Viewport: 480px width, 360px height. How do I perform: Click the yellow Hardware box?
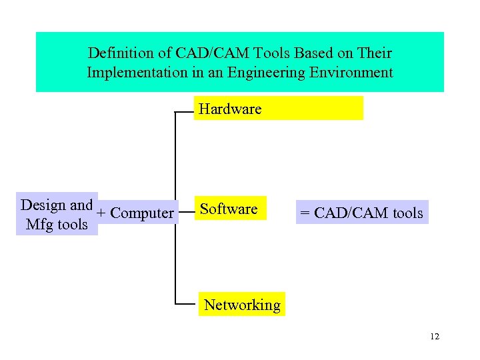[x=278, y=108]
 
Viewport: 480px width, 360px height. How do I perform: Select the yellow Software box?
[x=229, y=209]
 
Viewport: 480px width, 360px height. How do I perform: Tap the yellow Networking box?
[x=242, y=305]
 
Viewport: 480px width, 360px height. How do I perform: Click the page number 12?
[x=435, y=336]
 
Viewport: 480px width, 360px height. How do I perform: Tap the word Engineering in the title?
[x=268, y=72]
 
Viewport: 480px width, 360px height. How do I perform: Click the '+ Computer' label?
[x=135, y=213]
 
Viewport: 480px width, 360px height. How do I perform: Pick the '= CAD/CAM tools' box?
[x=361, y=213]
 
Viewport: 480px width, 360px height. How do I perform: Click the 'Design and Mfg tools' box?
[x=57, y=215]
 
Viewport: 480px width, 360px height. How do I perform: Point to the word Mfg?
[x=38, y=225]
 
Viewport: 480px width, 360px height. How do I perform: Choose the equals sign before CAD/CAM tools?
[x=305, y=213]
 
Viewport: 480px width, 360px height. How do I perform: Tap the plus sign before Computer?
[x=101, y=214]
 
